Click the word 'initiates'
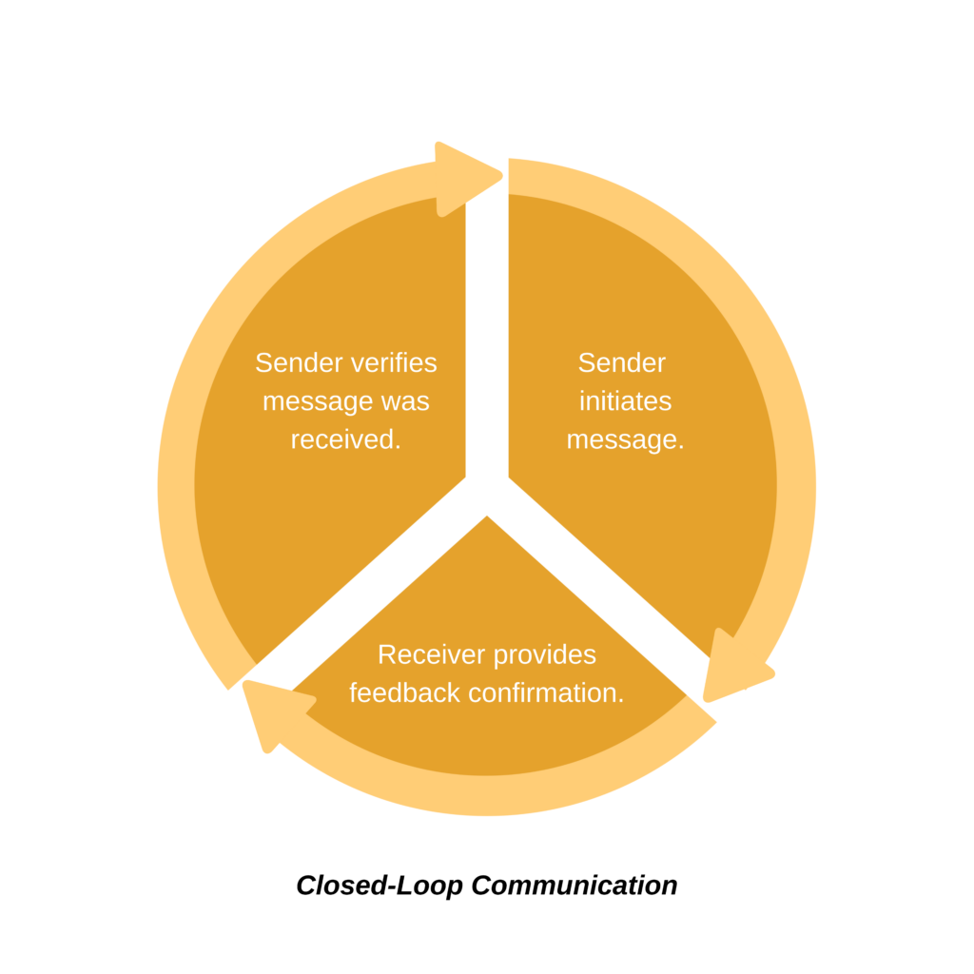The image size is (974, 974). click(625, 401)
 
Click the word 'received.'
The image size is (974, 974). click(345, 439)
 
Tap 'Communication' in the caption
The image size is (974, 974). click(575, 886)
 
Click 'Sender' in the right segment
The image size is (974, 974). click(622, 362)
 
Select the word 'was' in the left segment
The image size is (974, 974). click(405, 401)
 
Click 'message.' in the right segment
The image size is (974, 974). click(625, 439)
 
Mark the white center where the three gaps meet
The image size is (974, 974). click(487, 490)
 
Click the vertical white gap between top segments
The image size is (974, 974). click(487, 333)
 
